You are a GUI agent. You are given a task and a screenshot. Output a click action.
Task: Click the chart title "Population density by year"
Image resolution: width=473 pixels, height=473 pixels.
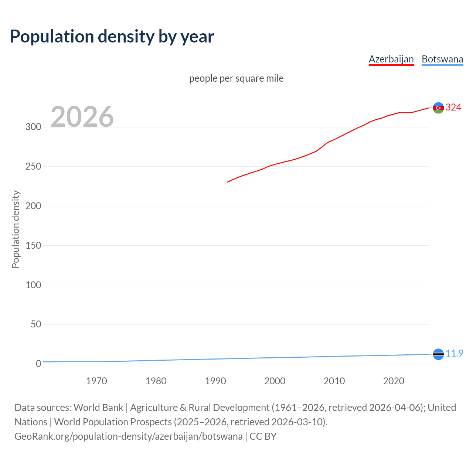pos(112,37)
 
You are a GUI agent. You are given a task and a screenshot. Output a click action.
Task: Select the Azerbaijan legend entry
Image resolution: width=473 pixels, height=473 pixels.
pos(391,59)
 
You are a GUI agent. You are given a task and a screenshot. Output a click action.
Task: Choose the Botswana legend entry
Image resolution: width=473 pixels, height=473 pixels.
pos(442,59)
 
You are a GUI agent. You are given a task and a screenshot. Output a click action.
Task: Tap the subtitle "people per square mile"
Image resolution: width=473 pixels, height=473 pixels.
pos(236,78)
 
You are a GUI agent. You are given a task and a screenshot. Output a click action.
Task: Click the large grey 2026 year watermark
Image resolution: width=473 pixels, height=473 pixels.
pos(82,117)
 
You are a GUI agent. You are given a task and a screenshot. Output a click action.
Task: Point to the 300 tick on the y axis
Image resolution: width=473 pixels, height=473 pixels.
pos(33,127)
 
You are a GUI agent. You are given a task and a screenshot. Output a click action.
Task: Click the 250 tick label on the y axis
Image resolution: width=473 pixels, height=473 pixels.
pos(33,166)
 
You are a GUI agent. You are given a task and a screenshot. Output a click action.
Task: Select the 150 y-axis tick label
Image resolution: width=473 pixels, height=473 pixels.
pos(33,245)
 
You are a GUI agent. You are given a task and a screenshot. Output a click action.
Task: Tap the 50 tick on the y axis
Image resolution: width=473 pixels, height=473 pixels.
pos(36,324)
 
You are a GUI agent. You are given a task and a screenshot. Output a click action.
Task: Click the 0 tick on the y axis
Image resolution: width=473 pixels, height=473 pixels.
pos(38,364)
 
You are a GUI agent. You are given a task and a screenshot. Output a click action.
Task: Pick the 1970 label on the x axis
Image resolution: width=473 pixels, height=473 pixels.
pos(96,381)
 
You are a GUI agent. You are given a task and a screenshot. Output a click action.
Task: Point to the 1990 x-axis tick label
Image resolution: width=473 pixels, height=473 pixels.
pos(215,381)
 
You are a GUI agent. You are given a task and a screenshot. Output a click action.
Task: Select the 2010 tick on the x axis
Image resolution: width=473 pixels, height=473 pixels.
pos(334,381)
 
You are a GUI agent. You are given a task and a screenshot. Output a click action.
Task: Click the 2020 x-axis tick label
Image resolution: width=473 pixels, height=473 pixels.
pos(394,381)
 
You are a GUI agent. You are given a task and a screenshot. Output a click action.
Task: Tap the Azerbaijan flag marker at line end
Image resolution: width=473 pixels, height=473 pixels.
pos(438,108)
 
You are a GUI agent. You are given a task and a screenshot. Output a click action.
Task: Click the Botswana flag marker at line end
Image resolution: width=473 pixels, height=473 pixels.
pos(438,354)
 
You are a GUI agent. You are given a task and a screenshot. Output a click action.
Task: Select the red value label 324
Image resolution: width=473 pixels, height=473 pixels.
pos(453,107)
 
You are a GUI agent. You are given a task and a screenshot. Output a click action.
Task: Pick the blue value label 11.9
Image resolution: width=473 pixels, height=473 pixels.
pos(454,353)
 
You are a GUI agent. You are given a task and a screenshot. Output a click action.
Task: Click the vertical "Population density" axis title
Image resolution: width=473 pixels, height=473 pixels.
pos(16,229)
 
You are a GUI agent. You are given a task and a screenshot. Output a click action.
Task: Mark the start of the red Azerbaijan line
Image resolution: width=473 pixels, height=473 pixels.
pos(227,182)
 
